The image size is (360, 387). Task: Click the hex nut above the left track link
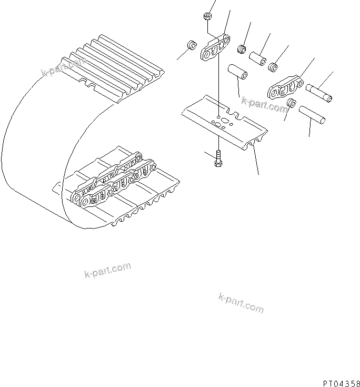[206, 18]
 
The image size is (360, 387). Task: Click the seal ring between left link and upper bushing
[243, 49]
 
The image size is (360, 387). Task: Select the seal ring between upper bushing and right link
[273, 67]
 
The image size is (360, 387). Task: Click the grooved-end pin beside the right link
[318, 92]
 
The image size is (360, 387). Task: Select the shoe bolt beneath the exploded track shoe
[218, 158]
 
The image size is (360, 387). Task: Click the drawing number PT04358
[341, 378]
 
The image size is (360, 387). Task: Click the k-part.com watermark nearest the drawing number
[241, 302]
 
